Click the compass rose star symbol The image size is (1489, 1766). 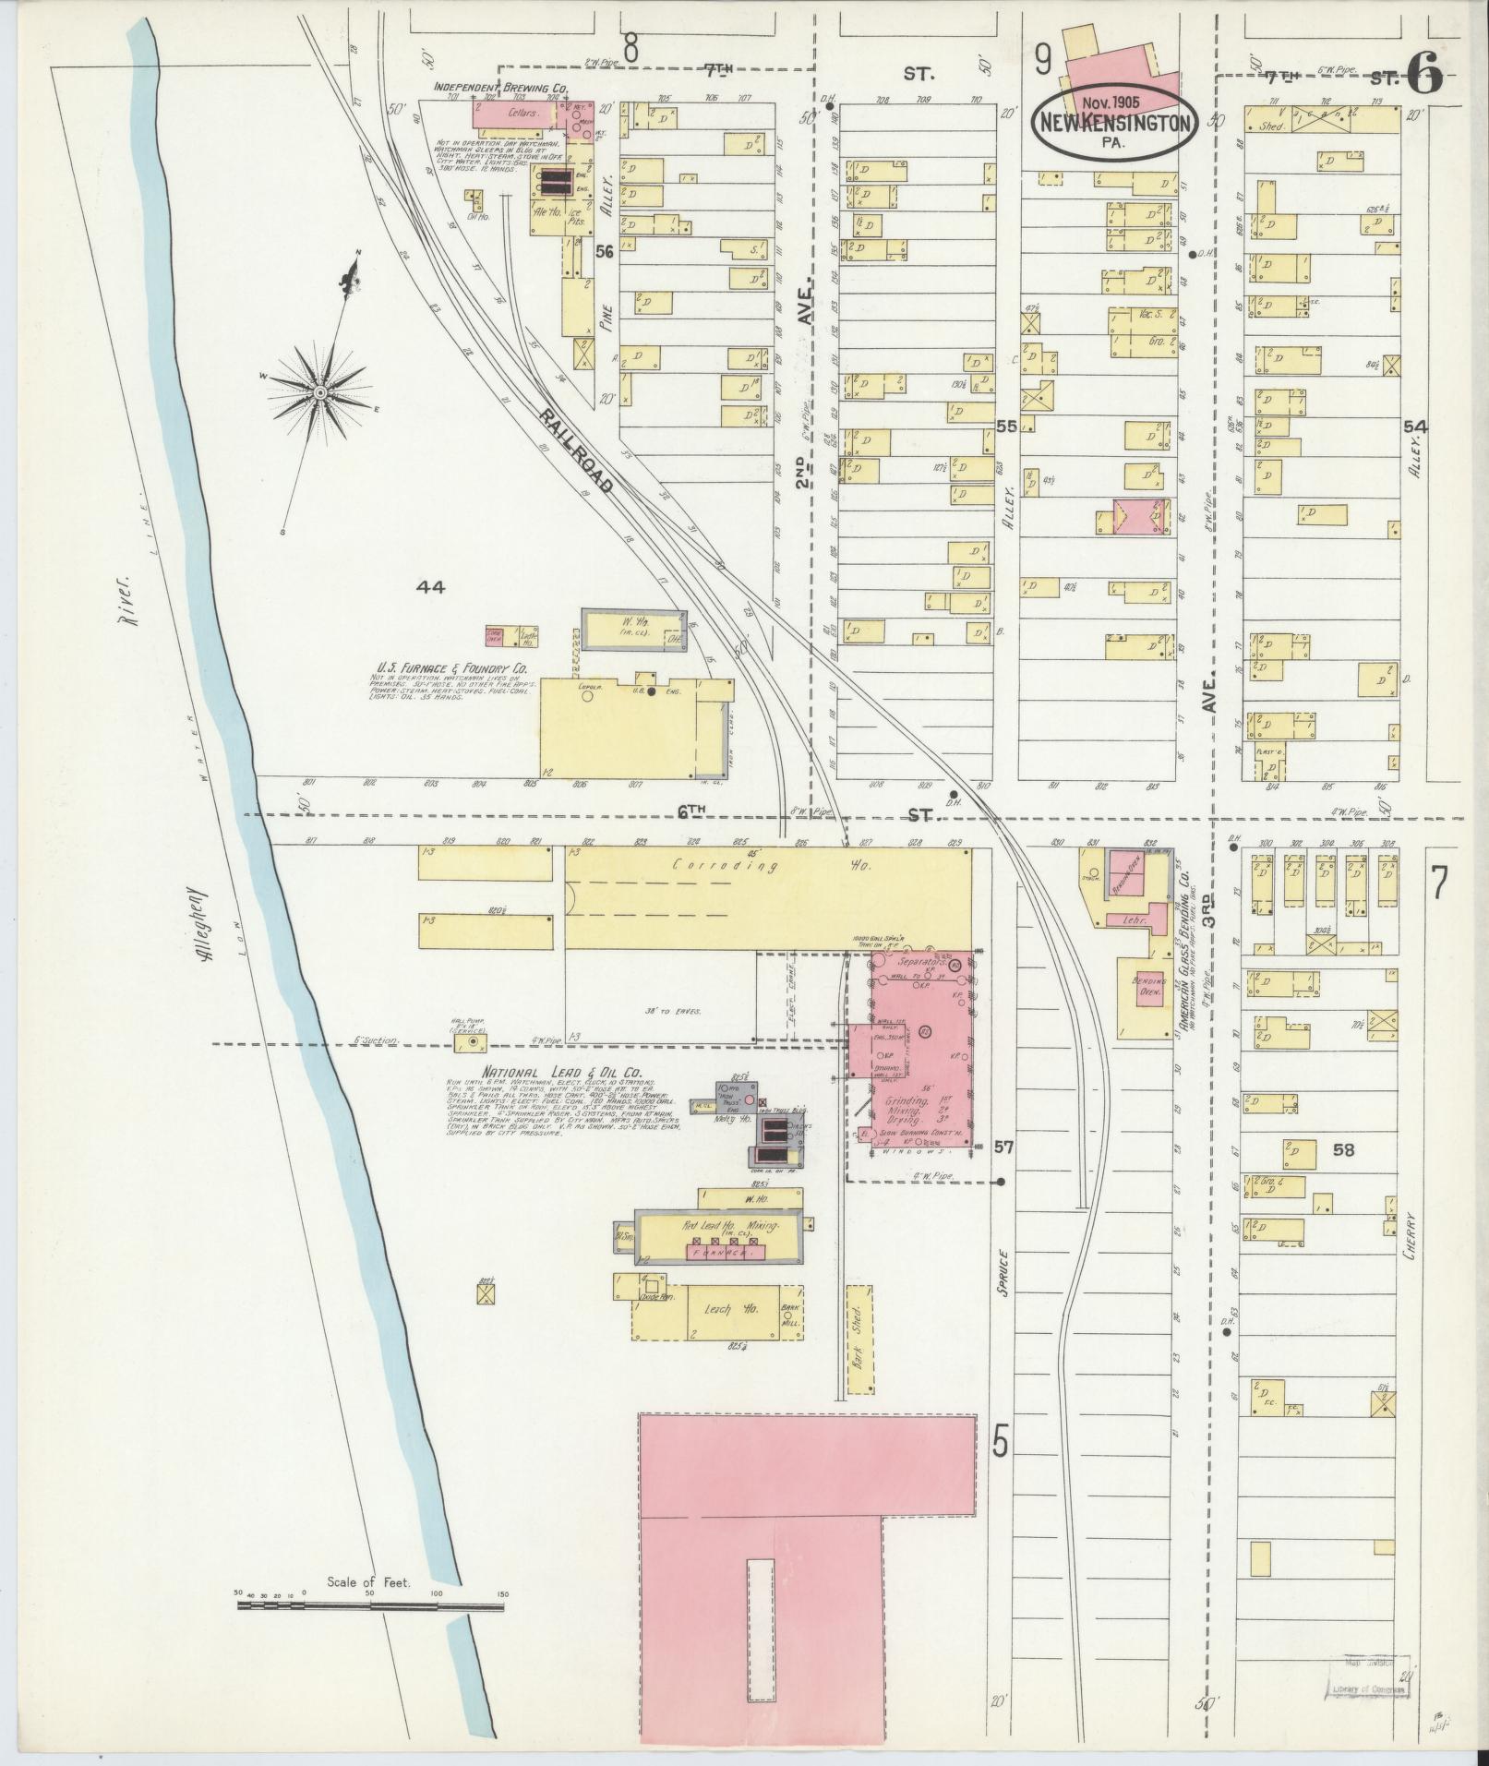(x=319, y=393)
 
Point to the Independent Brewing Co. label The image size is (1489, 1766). (x=500, y=87)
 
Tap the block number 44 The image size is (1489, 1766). (x=431, y=586)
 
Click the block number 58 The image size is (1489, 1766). (x=1343, y=1150)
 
